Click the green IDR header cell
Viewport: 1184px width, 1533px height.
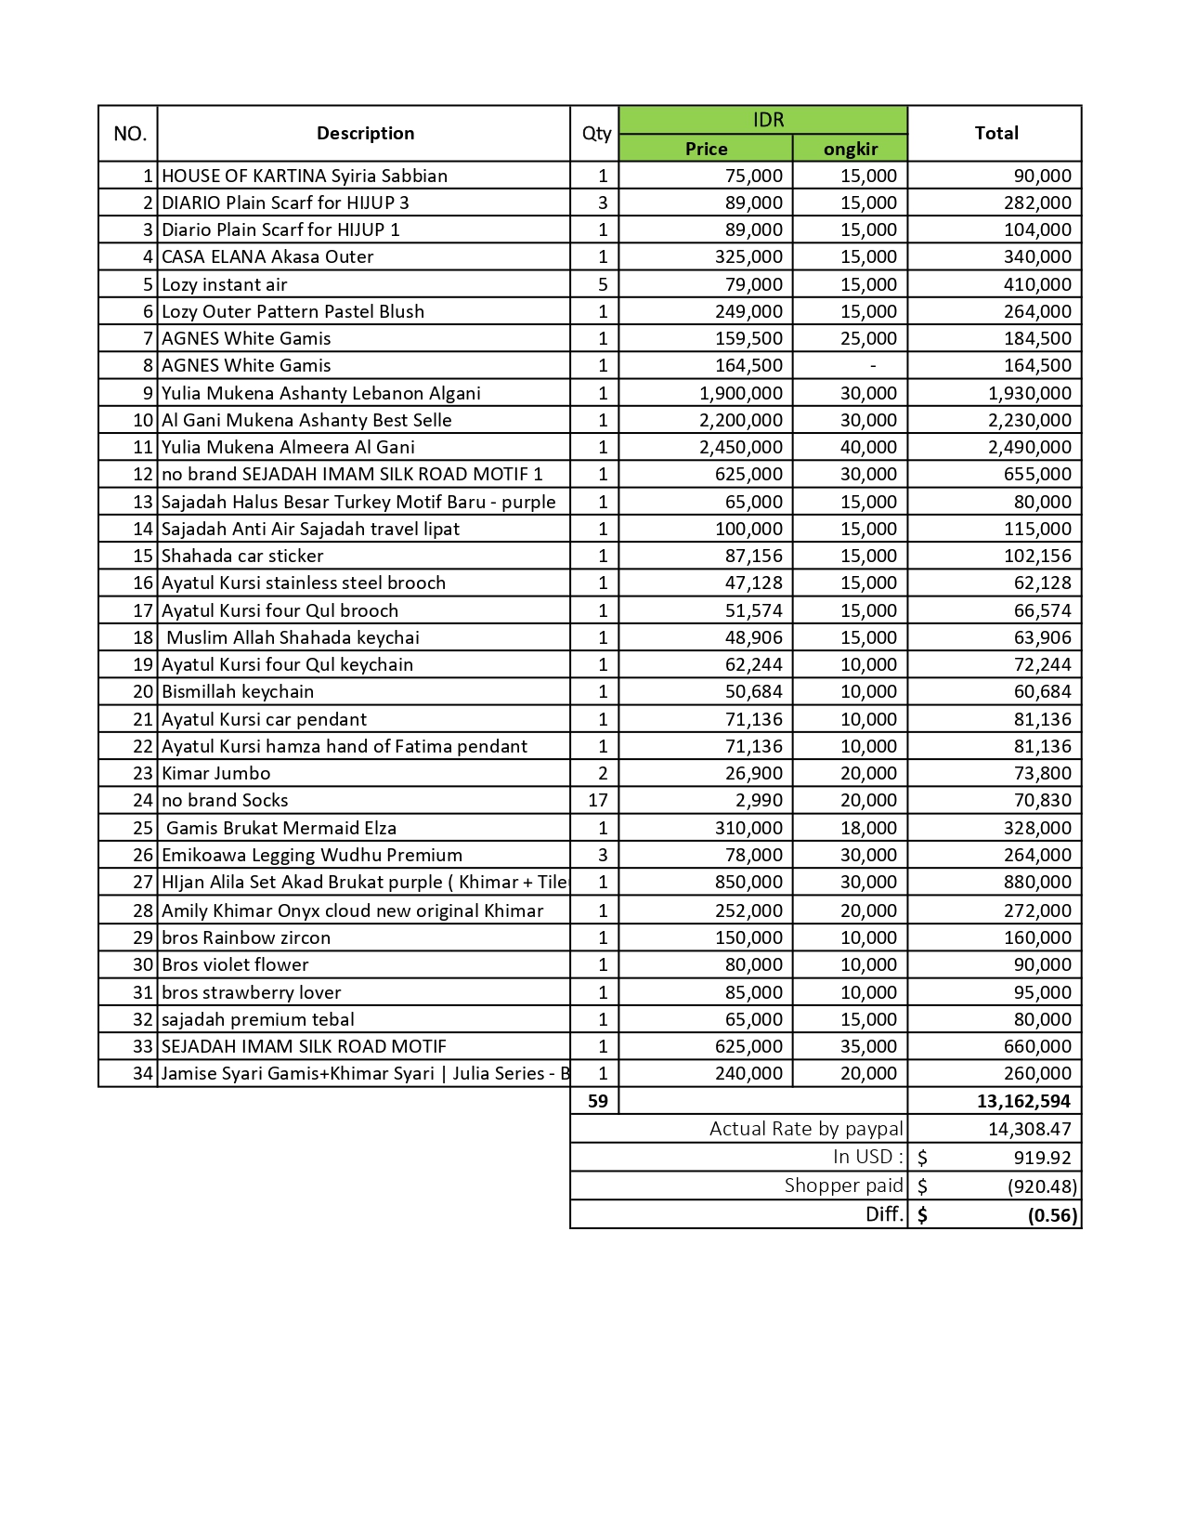click(x=768, y=120)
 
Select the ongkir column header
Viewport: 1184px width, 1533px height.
click(x=850, y=149)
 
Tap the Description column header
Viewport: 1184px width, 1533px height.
click(x=365, y=133)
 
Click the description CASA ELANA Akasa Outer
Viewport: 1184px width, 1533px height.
click(x=267, y=256)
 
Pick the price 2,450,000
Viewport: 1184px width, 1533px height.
click(x=741, y=447)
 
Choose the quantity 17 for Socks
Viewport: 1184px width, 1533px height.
click(x=597, y=800)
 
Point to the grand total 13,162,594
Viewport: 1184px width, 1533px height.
click(x=1023, y=1101)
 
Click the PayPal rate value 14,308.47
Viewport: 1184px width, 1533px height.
click(x=1029, y=1129)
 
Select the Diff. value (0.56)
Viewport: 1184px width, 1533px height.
click(x=1052, y=1215)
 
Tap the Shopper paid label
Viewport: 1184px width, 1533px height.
click(x=843, y=1186)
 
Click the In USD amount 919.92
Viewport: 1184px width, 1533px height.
click(x=1042, y=1158)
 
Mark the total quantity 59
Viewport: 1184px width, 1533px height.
click(x=597, y=1101)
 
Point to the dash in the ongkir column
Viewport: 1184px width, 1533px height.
click(x=873, y=366)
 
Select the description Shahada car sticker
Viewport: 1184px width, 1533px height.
click(x=242, y=556)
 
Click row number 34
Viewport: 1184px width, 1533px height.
click(x=142, y=1073)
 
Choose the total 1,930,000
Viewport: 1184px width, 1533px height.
click(x=1029, y=393)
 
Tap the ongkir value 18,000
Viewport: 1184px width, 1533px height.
click(x=868, y=828)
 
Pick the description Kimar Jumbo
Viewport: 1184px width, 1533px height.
click(x=216, y=773)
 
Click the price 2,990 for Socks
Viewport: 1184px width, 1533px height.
click(x=759, y=800)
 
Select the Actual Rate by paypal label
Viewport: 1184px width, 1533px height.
click(x=805, y=1129)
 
